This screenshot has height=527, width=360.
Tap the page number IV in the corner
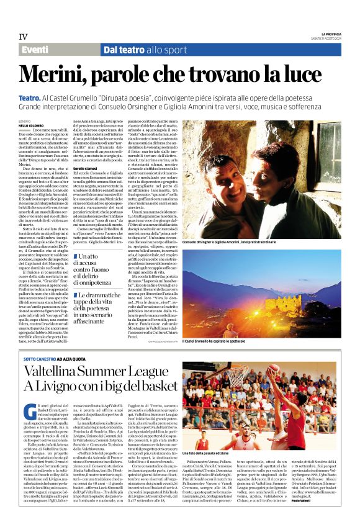tap(24, 36)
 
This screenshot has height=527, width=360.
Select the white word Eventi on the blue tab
tap(36, 50)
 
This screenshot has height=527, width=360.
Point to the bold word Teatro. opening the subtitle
tap(30, 98)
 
